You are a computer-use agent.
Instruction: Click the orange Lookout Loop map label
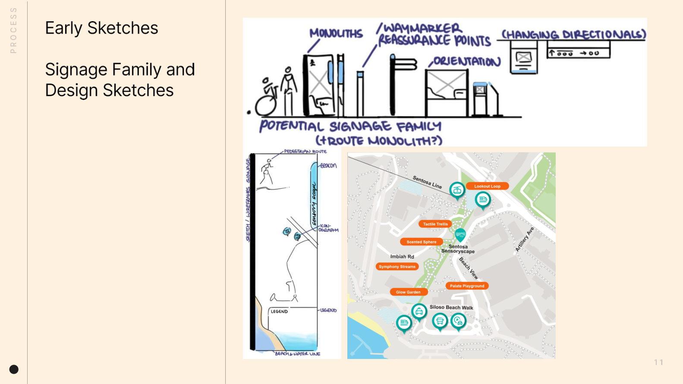pos(487,186)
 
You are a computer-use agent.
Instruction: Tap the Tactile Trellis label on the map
pos(435,224)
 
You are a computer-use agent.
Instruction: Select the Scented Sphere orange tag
pos(421,242)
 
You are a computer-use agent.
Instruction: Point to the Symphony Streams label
pos(397,267)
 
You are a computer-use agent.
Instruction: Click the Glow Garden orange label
pos(408,292)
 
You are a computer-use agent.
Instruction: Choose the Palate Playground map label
pos(467,286)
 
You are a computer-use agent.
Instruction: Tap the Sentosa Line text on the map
pos(427,182)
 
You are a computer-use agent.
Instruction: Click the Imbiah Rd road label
pos(402,256)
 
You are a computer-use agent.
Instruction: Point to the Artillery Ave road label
pos(525,239)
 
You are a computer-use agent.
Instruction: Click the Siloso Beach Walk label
pos(451,307)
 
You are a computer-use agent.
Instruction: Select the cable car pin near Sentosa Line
pos(457,190)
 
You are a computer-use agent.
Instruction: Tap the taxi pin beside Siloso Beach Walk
pos(419,311)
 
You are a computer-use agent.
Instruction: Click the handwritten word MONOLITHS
pos(336,33)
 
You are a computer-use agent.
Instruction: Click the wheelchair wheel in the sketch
pos(265,106)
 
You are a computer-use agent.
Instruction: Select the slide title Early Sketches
pos(102,28)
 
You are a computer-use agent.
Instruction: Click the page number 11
pos(658,362)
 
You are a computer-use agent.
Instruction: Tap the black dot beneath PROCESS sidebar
pos(14,369)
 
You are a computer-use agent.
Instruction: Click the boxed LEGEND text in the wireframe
pos(279,311)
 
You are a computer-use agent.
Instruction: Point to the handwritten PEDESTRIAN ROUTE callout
pos(305,152)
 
